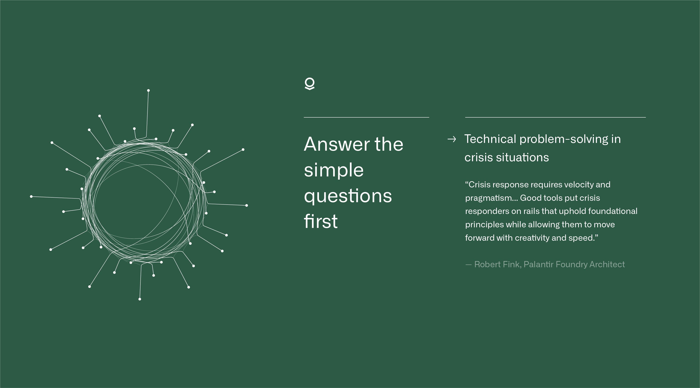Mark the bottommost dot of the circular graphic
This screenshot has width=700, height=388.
[140, 299]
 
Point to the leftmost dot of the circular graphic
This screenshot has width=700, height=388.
[31, 196]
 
